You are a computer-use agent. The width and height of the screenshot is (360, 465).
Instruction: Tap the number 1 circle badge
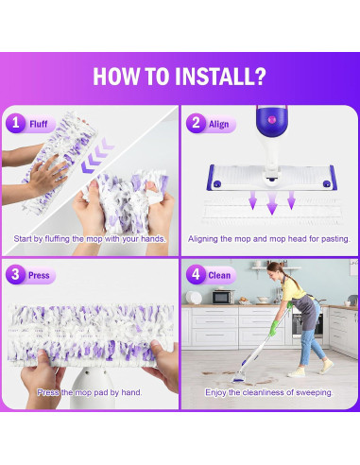(15, 123)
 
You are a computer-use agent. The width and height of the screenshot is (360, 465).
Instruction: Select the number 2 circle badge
(196, 123)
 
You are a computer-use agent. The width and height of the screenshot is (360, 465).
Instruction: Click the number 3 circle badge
(15, 274)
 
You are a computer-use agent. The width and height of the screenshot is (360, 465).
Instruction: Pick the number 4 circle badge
(196, 274)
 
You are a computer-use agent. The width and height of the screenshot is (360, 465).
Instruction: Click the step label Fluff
(39, 124)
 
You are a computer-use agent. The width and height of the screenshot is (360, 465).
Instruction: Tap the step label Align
(218, 124)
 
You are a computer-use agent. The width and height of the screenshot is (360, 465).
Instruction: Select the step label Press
(39, 275)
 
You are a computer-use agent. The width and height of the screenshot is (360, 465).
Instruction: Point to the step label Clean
(219, 275)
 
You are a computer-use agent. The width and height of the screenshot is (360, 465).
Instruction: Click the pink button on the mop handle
(271, 119)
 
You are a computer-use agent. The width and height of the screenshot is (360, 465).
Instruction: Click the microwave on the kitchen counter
(223, 297)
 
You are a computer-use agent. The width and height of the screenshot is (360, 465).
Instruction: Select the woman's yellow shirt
(293, 290)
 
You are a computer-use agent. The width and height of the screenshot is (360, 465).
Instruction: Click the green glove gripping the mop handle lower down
(273, 328)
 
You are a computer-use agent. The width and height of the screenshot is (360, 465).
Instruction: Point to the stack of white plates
(194, 298)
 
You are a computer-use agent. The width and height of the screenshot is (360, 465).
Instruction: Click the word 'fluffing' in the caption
(57, 239)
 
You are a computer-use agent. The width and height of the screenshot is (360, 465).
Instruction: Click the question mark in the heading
(260, 77)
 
